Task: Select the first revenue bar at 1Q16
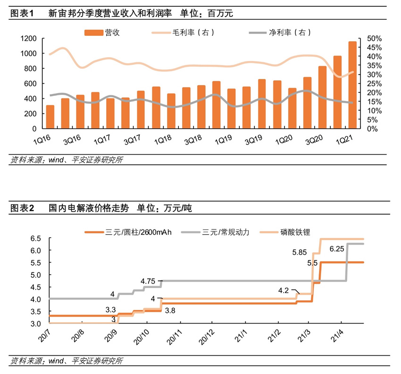pos(50,117)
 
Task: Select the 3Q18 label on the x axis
pos(192,141)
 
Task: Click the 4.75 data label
pos(149,280)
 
